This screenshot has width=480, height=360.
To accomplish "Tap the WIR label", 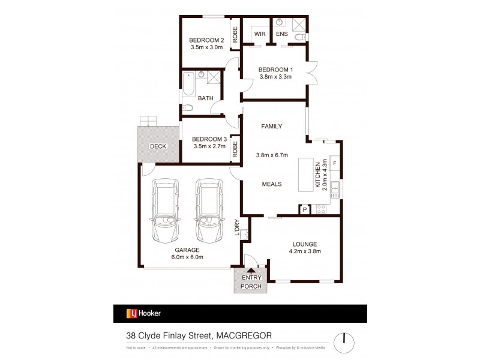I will (260, 34).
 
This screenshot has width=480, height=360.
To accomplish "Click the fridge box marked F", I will (334, 163).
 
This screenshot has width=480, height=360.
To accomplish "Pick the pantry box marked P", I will (304, 209).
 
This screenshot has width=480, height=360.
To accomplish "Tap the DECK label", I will (158, 146).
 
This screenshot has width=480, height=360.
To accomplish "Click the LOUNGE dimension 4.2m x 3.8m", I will (305, 251).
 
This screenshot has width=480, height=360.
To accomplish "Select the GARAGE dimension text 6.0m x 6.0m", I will (188, 257).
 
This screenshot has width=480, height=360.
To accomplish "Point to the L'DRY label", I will (236, 227).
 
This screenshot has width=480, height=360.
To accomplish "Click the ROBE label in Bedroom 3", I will (235, 149).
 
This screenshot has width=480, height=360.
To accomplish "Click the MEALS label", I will (271, 184).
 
